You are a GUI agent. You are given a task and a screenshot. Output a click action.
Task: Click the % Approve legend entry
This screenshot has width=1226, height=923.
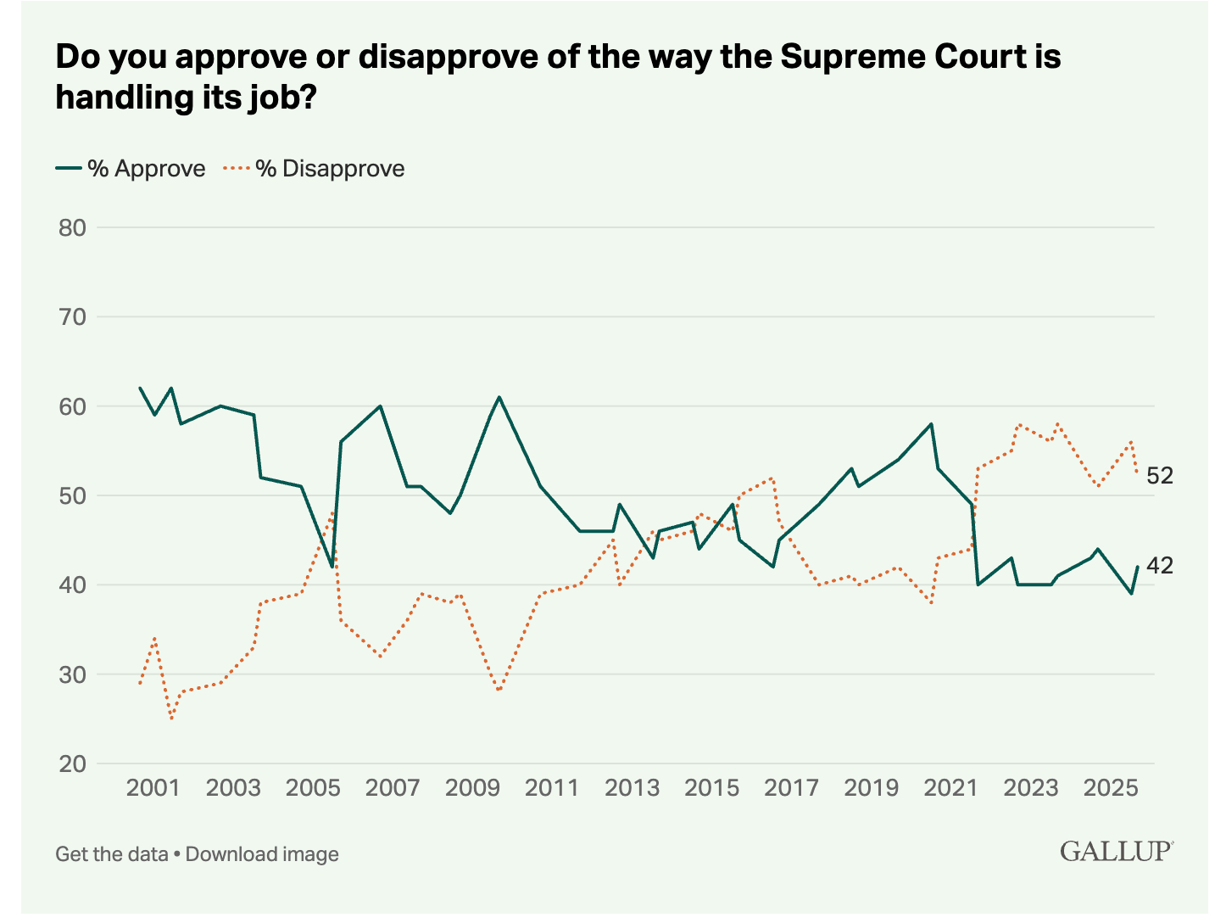click(x=131, y=169)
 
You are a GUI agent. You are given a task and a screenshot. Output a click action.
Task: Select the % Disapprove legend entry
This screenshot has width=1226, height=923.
click(x=315, y=169)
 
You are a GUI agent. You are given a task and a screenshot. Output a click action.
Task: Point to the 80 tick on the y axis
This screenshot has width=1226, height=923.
click(x=72, y=227)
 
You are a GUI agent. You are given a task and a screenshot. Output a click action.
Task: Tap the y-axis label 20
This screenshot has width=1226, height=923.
click(x=72, y=764)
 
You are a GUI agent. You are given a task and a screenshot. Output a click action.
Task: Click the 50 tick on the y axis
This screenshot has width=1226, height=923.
click(x=72, y=495)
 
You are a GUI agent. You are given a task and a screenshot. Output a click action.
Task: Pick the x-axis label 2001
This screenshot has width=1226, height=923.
click(x=153, y=788)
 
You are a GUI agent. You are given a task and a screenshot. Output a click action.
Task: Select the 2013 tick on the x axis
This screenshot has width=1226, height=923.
click(x=632, y=788)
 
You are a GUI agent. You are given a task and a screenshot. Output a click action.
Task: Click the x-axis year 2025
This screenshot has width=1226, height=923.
click(x=1111, y=788)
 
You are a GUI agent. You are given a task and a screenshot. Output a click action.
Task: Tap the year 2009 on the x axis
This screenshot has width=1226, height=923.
click(x=472, y=788)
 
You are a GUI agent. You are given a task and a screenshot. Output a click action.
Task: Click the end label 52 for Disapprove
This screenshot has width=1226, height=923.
click(x=1160, y=476)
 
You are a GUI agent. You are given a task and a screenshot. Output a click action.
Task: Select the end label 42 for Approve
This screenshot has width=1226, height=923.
click(x=1160, y=565)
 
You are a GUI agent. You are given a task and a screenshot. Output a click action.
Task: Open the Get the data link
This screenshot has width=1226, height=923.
click(x=112, y=853)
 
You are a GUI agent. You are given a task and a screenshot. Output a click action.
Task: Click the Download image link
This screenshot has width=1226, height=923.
click(x=262, y=853)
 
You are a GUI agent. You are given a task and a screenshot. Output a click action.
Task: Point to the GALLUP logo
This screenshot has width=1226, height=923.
click(x=1116, y=852)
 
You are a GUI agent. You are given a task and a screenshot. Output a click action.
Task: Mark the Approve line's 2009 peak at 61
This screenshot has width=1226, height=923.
click(x=499, y=397)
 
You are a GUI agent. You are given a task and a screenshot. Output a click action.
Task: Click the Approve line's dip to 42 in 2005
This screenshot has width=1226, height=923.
click(x=332, y=567)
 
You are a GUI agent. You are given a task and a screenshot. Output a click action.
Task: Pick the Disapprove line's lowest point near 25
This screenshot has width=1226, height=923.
click(x=172, y=719)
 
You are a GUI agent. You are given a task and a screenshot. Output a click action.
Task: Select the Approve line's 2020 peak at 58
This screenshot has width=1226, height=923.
click(x=931, y=423)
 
